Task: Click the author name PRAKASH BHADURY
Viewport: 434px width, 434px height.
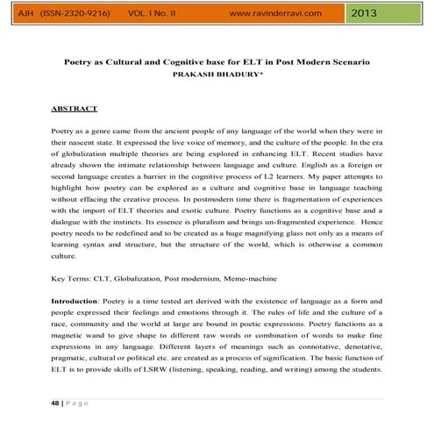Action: point(216,76)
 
